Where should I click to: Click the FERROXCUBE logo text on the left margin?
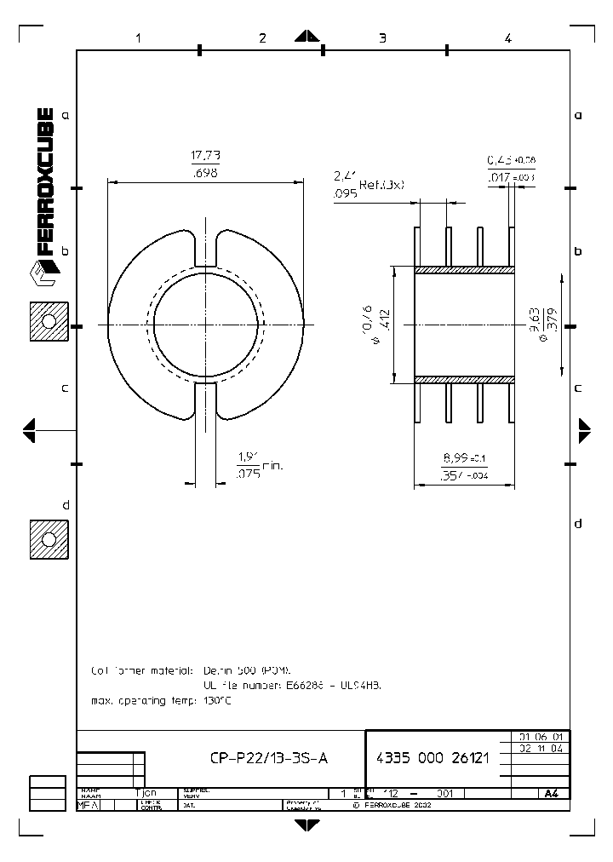pyautogui.click(x=46, y=183)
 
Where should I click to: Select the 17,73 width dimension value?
pyautogui.click(x=205, y=156)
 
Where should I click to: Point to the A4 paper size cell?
pyautogui.click(x=551, y=793)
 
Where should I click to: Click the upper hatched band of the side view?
pyautogui.click(x=465, y=270)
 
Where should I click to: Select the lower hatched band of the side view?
pyautogui.click(x=465, y=378)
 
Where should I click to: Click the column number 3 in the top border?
pyautogui.click(x=382, y=37)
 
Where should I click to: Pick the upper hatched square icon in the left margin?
pyautogui.click(x=49, y=323)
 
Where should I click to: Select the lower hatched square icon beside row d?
pyautogui.click(x=49, y=540)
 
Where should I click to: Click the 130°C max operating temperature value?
pyautogui.click(x=217, y=700)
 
